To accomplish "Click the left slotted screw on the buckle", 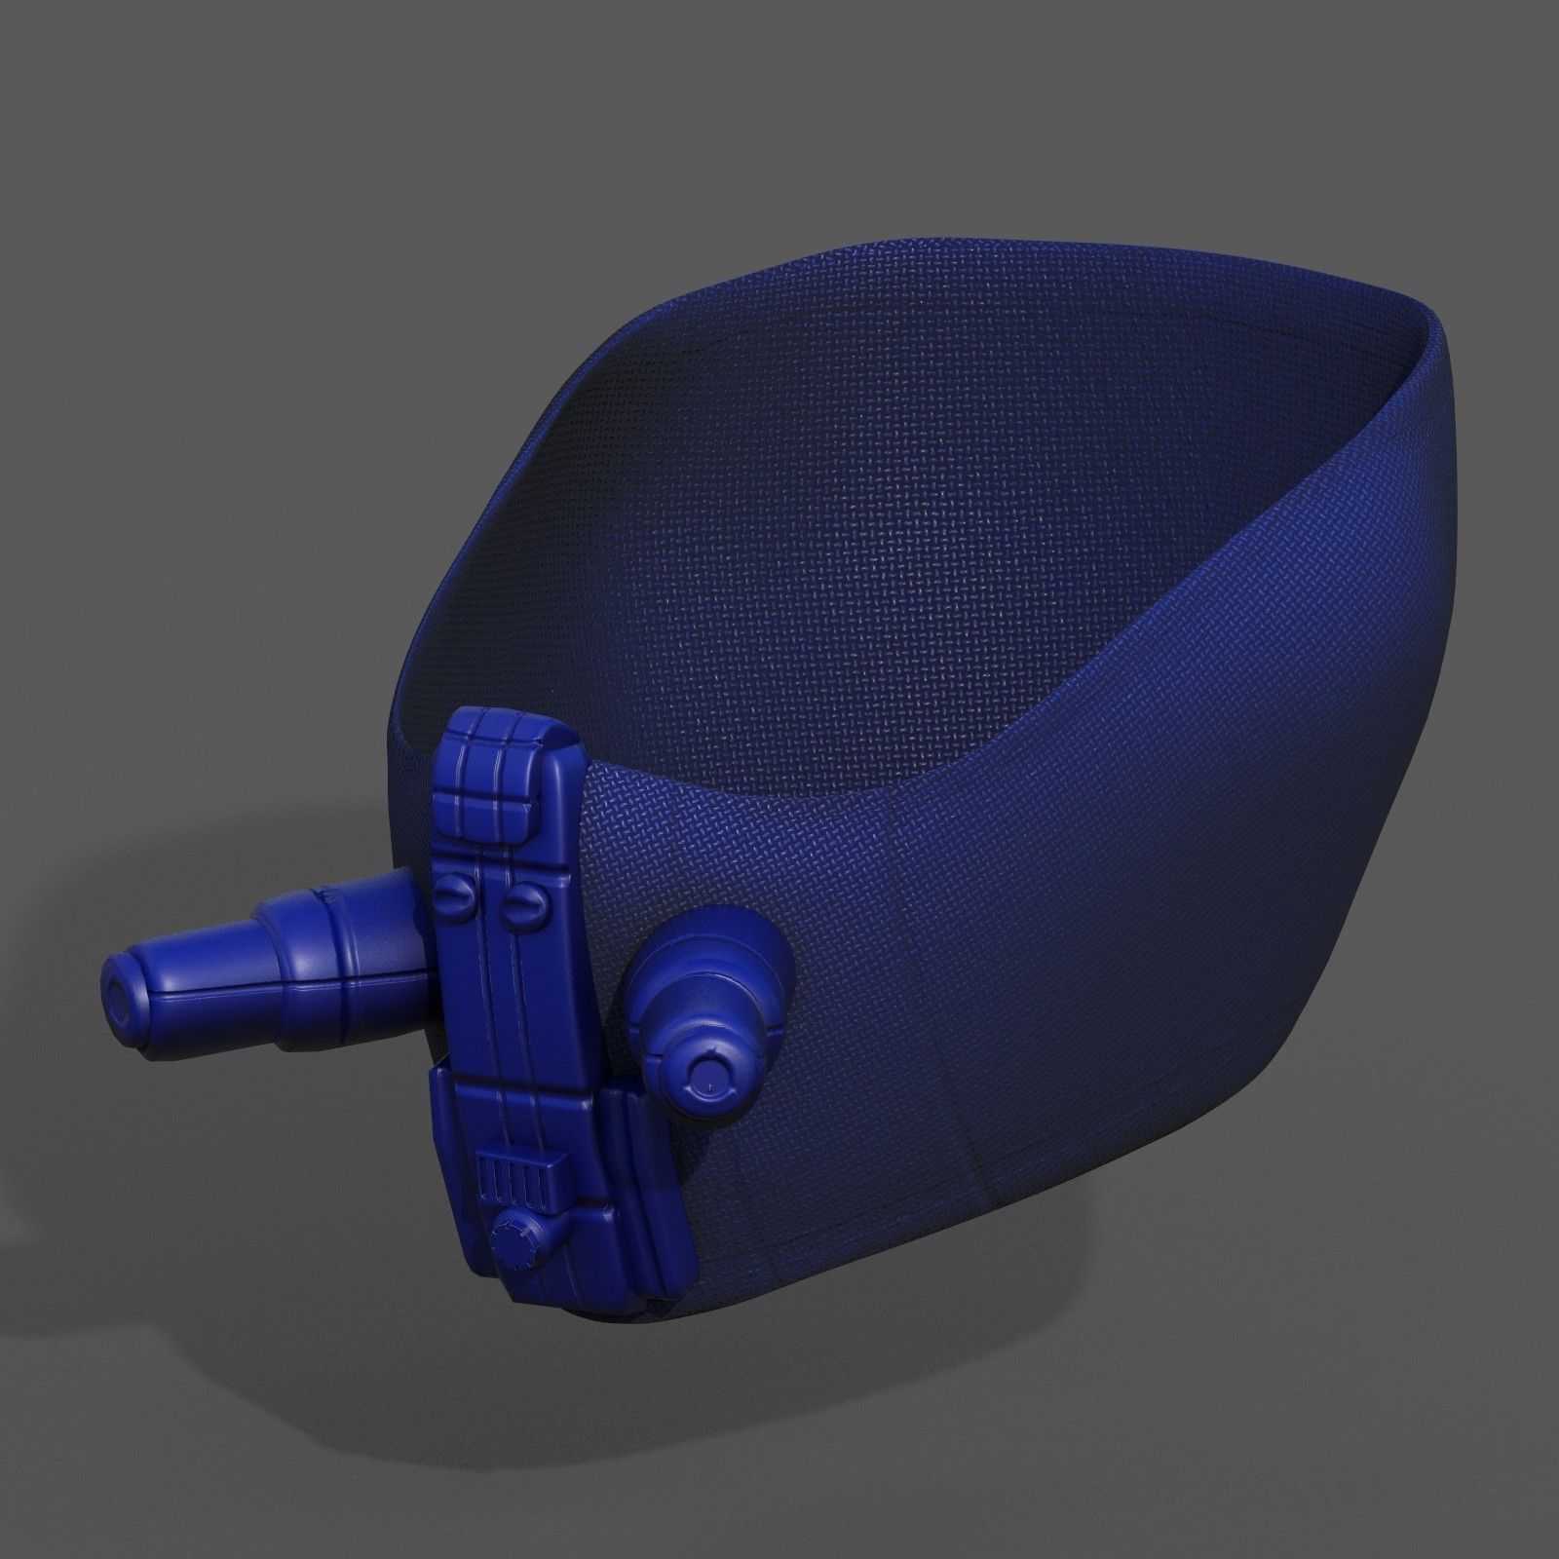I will [x=455, y=892].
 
